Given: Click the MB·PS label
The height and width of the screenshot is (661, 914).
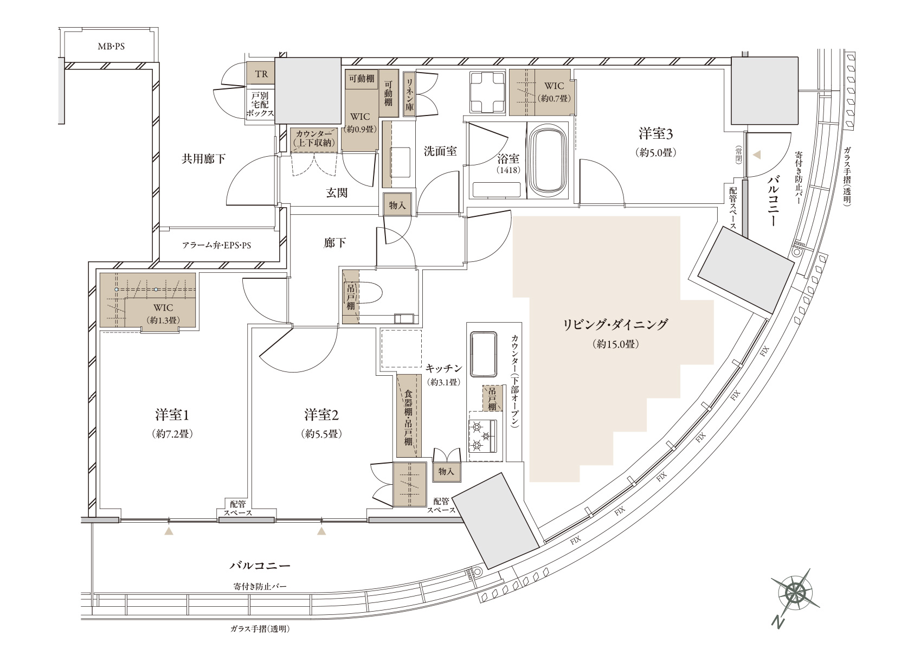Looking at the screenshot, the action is tap(111, 47).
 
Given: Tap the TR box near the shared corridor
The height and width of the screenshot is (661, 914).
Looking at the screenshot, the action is tap(261, 74).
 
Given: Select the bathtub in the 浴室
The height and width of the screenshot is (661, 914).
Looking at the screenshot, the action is tap(548, 161).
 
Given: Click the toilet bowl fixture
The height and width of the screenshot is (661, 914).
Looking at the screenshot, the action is tap(365, 293).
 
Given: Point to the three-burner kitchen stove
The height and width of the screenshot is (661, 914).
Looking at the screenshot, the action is tap(483, 436).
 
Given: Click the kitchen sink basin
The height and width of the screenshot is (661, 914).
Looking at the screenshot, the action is tap(484, 354).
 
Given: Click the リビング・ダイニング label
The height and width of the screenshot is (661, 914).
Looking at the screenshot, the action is tap(615, 325).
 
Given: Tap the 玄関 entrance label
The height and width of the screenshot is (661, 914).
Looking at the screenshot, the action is tap(337, 192).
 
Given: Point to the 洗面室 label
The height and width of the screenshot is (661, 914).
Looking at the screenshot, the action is tap(440, 151).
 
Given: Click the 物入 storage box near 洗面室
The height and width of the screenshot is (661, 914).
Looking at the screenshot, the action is tap(397, 204).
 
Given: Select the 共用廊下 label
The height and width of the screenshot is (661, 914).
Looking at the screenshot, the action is tap(203, 159).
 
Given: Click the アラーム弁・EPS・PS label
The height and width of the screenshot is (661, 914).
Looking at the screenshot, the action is tap(216, 246).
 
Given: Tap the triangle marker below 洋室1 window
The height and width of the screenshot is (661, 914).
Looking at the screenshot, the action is tap(169, 531).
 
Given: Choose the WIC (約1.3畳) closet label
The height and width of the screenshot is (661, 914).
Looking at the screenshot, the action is tap(163, 313).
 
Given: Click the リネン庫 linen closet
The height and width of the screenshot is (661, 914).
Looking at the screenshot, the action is tap(409, 95).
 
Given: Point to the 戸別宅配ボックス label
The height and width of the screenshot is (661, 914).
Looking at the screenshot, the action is tap(260, 105).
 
